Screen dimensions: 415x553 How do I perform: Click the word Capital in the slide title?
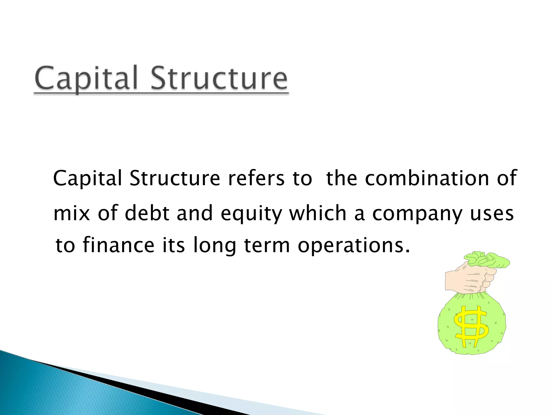(86, 78)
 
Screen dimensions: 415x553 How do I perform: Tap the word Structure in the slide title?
(219, 78)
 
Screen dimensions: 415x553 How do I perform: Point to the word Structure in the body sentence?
(175, 178)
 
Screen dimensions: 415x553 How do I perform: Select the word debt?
(147, 213)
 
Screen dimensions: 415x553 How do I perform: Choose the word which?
(318, 213)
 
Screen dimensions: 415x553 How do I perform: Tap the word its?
(174, 245)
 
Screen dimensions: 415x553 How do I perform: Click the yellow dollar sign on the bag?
(471, 327)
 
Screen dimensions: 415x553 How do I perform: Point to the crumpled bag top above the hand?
(486, 260)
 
